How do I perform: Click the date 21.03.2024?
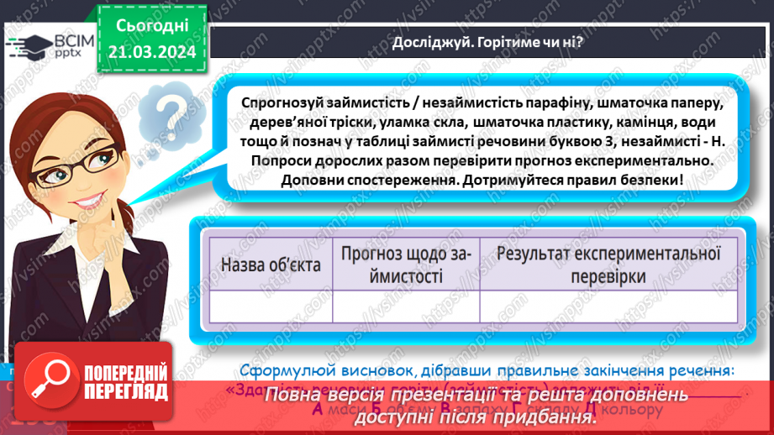152,51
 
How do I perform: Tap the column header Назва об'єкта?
271,264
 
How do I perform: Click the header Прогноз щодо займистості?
405,264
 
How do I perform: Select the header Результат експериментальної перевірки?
609,264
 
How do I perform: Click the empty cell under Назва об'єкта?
271,306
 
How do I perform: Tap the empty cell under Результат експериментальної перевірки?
609,306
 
